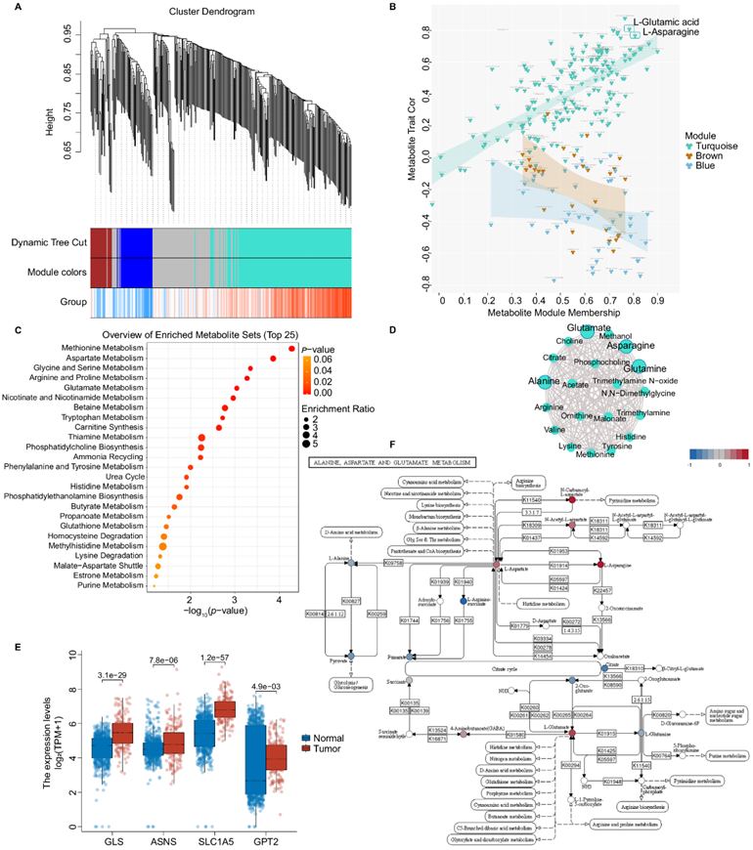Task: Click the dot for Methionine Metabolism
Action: coord(291,348)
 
